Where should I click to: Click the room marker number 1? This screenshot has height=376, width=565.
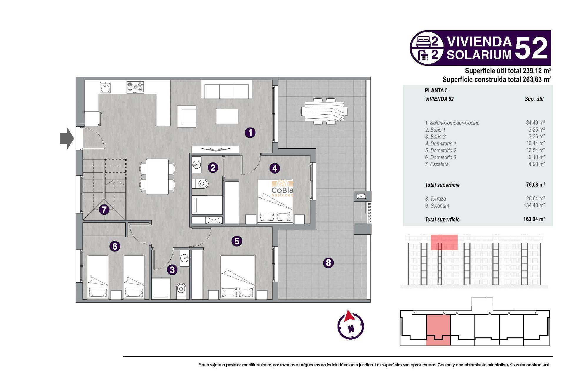(x=250, y=133)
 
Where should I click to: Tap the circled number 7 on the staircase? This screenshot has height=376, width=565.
(x=104, y=209)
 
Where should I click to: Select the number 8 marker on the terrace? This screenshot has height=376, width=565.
(x=328, y=263)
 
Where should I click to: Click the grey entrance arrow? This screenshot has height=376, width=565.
(x=67, y=138)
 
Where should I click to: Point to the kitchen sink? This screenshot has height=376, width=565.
(x=105, y=87)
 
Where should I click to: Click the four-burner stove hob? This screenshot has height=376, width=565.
(x=135, y=87)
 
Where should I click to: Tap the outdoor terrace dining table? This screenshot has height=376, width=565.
(x=324, y=112)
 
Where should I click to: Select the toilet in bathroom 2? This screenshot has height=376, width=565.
(x=201, y=184)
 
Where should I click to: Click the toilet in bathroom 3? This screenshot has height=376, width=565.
(x=181, y=289)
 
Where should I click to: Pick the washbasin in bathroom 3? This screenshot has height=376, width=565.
(x=185, y=258)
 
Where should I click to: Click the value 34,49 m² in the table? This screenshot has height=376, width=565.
(x=535, y=122)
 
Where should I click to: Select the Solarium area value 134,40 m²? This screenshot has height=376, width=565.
(x=534, y=205)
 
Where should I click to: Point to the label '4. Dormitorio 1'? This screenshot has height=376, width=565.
(x=440, y=144)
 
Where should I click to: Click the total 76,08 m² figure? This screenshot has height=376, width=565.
(x=535, y=184)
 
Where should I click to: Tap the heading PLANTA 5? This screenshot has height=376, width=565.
(x=436, y=90)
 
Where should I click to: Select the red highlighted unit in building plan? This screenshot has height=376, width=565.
(x=438, y=329)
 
